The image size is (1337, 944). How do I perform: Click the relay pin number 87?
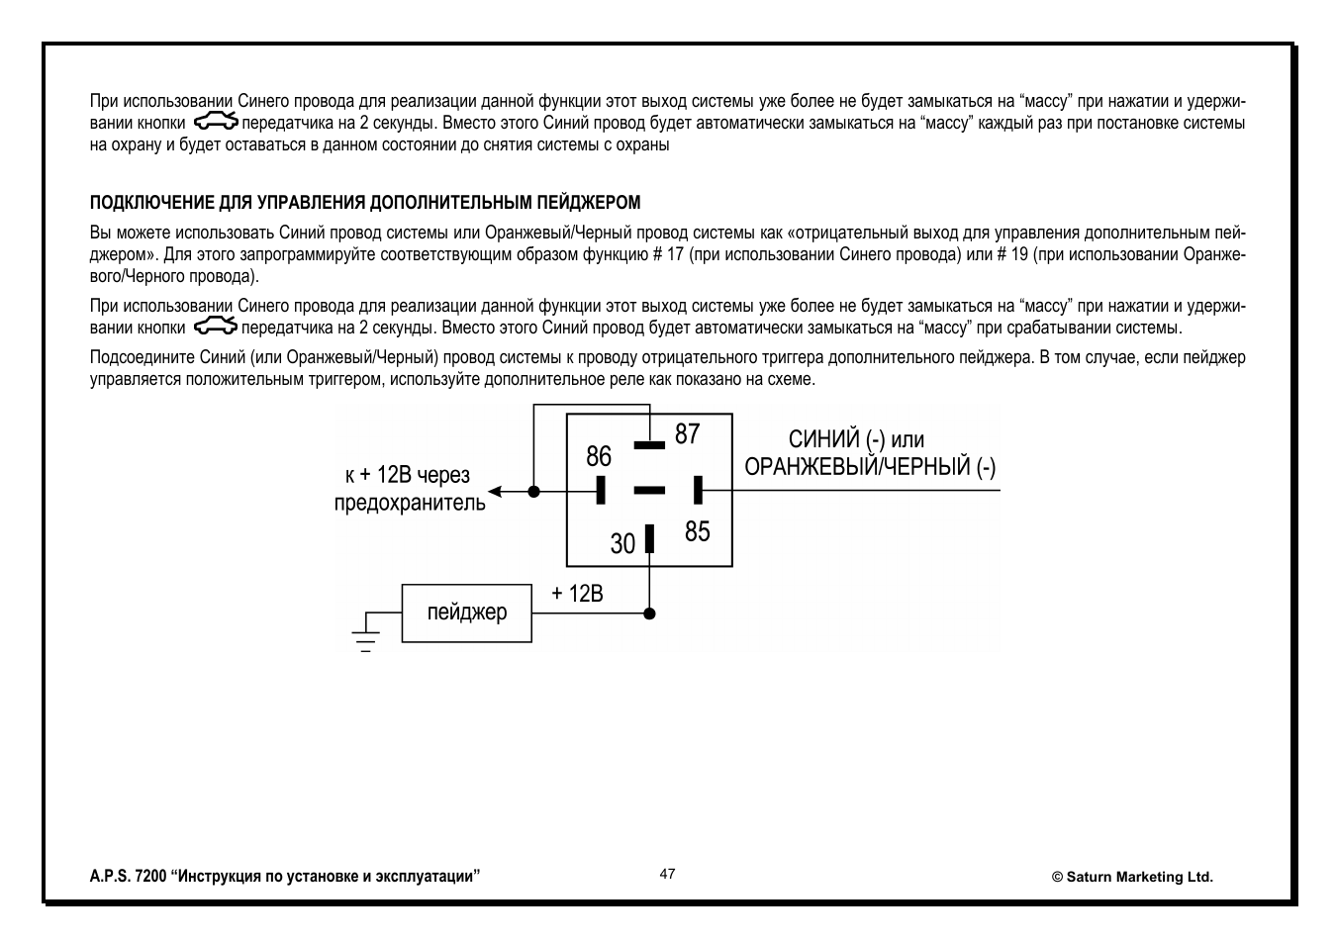pyautogui.click(x=687, y=433)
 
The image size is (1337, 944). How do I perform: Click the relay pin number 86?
pyautogui.click(x=599, y=456)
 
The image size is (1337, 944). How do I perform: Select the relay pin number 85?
pyautogui.click(x=697, y=531)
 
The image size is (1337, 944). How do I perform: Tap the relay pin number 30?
pyautogui.click(x=622, y=543)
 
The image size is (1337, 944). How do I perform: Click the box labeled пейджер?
pyautogui.click(x=466, y=613)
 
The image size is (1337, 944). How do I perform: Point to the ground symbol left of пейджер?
pyautogui.click(x=366, y=633)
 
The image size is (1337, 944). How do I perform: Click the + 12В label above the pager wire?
pyautogui.click(x=577, y=593)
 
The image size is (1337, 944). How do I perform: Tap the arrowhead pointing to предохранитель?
pyautogui.click(x=495, y=491)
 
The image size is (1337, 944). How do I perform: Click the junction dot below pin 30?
pyautogui.click(x=649, y=614)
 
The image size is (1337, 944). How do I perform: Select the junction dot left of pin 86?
pyautogui.click(x=534, y=491)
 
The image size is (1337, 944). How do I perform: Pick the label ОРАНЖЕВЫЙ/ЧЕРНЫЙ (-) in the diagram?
pyautogui.click(x=870, y=467)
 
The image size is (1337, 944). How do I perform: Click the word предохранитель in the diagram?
pyautogui.click(x=410, y=503)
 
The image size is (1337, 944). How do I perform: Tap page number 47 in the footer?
pyautogui.click(x=668, y=874)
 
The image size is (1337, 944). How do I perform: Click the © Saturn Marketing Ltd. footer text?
pyautogui.click(x=1131, y=877)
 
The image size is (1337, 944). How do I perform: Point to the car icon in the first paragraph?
pyautogui.click(x=215, y=123)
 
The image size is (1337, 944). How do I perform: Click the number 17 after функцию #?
pyautogui.click(x=676, y=255)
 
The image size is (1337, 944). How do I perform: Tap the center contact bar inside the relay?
pyautogui.click(x=649, y=490)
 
